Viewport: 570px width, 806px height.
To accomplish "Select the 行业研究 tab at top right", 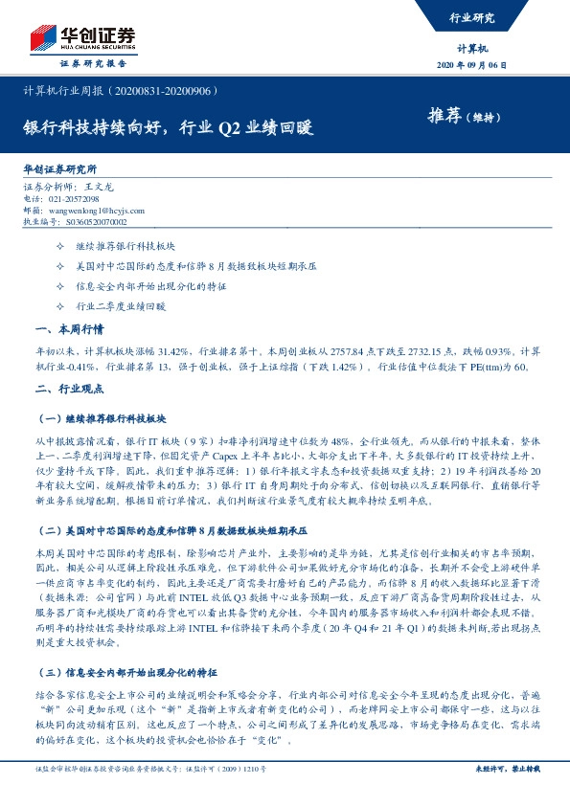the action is (x=471, y=17).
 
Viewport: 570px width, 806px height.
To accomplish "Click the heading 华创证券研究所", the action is (x=62, y=168).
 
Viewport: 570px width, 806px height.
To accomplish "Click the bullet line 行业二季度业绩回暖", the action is (x=120, y=308).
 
